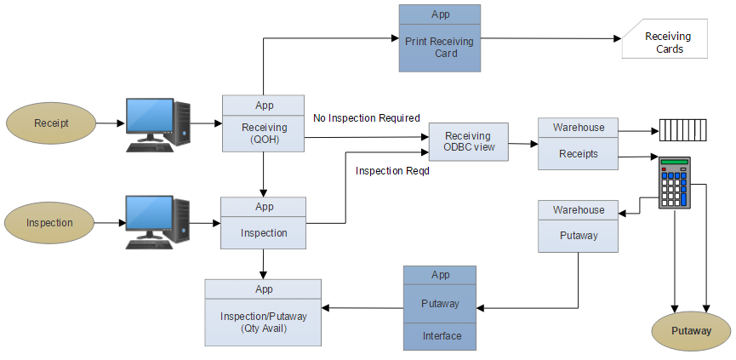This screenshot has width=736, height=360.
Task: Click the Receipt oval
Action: pyautogui.click(x=51, y=123)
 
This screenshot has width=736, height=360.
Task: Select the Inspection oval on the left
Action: pyautogui.click(x=49, y=223)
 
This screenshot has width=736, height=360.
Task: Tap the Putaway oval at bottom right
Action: pyautogui.click(x=691, y=331)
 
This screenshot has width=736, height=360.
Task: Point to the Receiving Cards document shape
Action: pyautogui.click(x=666, y=43)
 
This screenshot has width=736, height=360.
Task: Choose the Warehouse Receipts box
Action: pyautogui.click(x=578, y=144)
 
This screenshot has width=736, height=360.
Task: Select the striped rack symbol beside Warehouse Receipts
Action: pyautogui.click(x=683, y=132)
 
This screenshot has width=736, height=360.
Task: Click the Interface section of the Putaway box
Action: pyautogui.click(x=440, y=335)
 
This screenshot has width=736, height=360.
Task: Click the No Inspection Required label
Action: pyautogui.click(x=367, y=117)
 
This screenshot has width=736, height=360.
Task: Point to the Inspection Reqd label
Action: pyautogui.click(x=392, y=171)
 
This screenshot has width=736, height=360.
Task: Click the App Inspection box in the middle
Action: pyautogui.click(x=263, y=223)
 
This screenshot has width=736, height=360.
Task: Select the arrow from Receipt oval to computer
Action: pyautogui.click(x=110, y=123)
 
